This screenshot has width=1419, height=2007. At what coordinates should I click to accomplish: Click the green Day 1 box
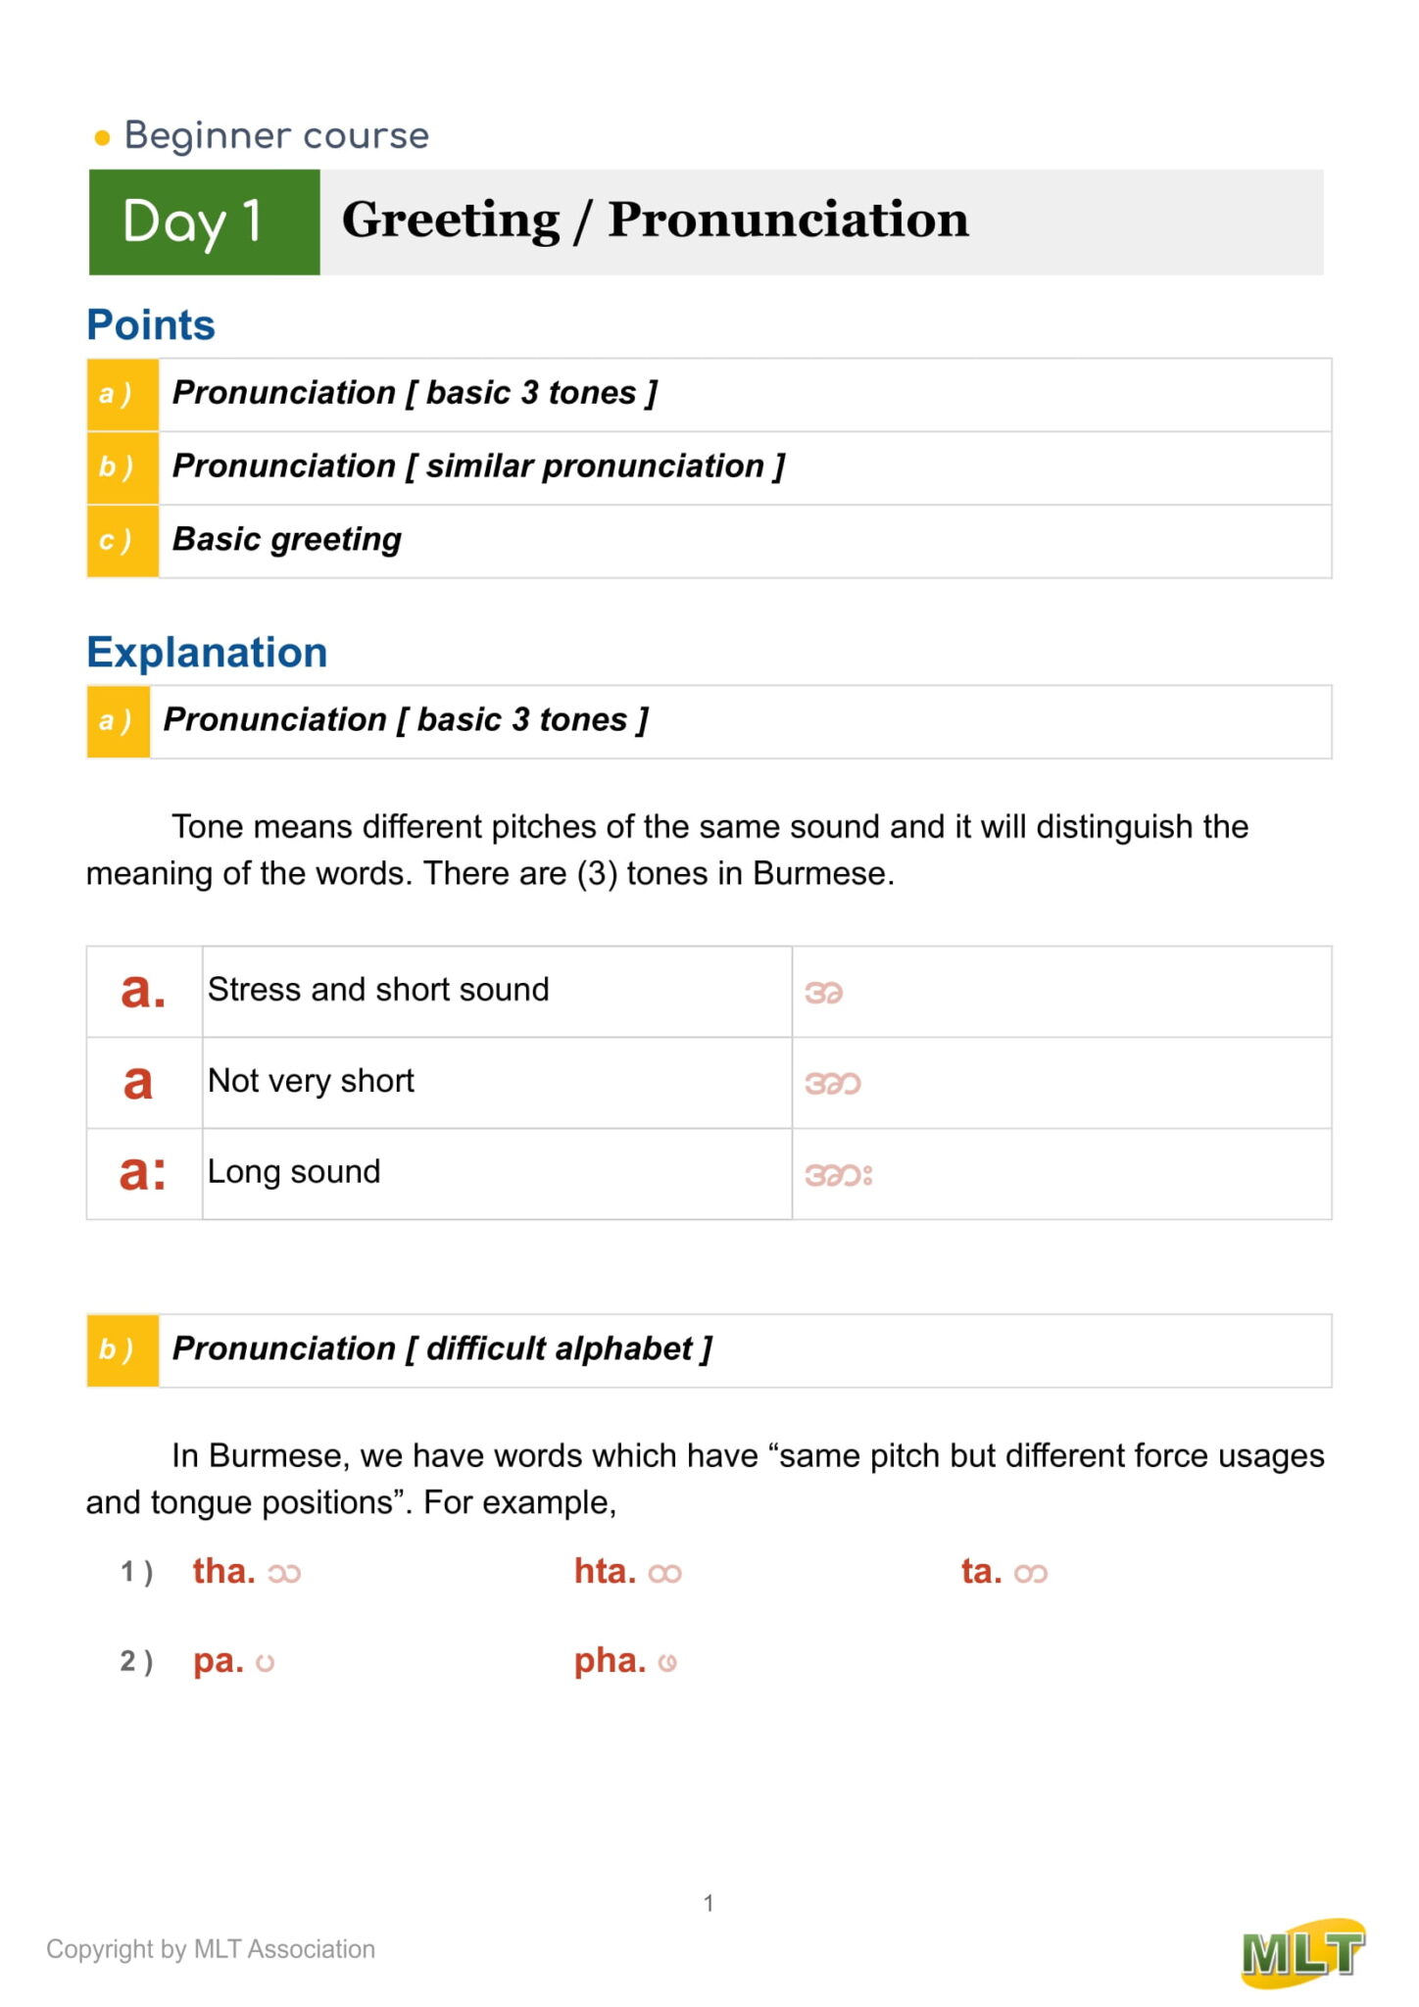click(204, 221)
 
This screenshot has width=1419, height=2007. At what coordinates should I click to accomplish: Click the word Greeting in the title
click(451, 220)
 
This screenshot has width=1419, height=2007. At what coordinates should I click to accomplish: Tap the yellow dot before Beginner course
click(102, 138)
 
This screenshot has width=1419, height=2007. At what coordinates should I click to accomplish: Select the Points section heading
click(151, 325)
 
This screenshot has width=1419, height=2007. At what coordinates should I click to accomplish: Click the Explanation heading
click(207, 653)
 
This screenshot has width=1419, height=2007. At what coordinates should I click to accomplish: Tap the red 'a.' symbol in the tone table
click(143, 991)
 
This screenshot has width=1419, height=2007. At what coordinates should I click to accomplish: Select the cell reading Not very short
click(312, 1081)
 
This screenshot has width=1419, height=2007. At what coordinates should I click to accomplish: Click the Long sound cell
click(294, 1172)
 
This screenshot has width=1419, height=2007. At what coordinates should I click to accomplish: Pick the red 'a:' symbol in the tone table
click(143, 1173)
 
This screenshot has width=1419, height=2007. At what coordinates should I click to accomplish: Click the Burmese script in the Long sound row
click(839, 1175)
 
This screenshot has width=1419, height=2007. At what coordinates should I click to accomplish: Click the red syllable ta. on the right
click(981, 1572)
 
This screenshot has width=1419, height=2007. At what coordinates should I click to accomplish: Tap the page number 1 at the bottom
click(709, 1903)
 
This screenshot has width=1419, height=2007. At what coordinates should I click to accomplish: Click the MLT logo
click(1303, 1953)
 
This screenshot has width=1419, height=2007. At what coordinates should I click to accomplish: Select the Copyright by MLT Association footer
click(211, 1949)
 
